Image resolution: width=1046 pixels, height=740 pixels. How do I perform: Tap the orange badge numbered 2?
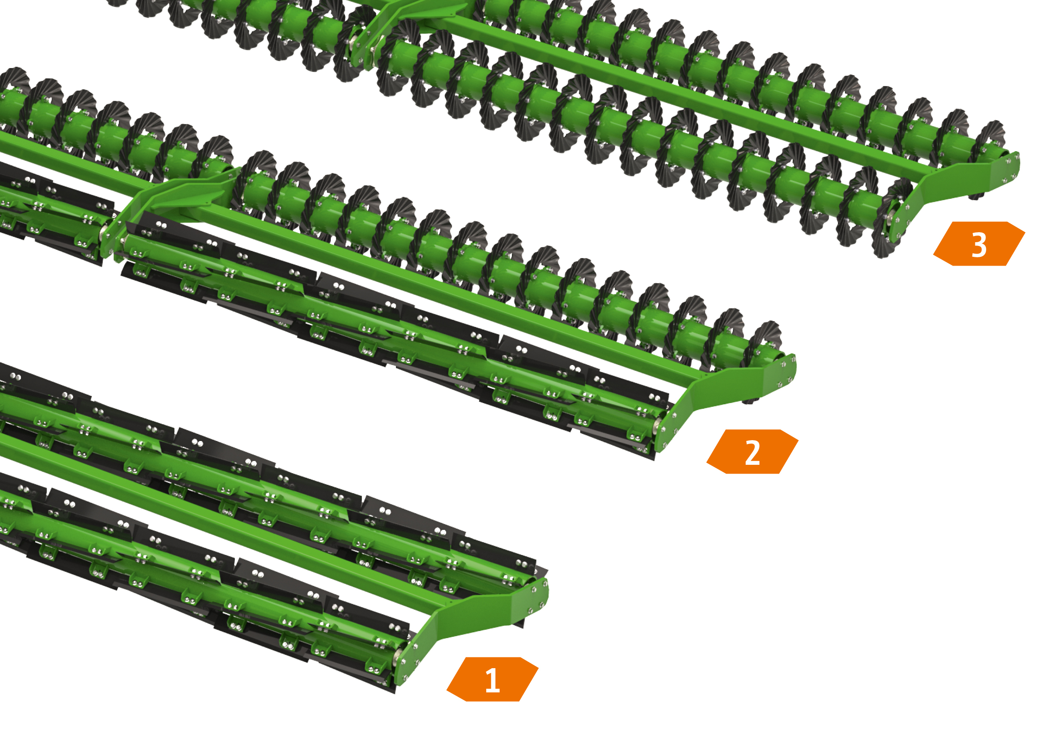click(x=752, y=451)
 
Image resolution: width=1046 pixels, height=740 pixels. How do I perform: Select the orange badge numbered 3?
click(x=979, y=244)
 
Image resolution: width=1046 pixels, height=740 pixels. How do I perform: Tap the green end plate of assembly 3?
click(x=952, y=191)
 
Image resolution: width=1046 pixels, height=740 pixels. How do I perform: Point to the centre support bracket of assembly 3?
click(x=410, y=23)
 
